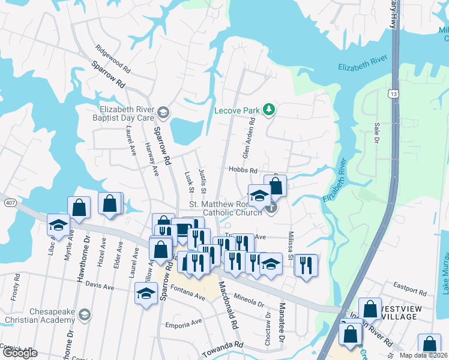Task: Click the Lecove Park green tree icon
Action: (270, 109)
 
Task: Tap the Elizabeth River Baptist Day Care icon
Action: (163, 112)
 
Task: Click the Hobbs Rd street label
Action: (243, 170)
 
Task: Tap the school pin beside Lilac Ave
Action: (58, 224)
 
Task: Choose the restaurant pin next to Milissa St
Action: (306, 265)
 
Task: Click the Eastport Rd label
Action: (409, 292)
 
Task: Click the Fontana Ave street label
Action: (190, 295)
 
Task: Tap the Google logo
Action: (20, 353)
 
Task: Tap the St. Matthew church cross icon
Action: (271, 208)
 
